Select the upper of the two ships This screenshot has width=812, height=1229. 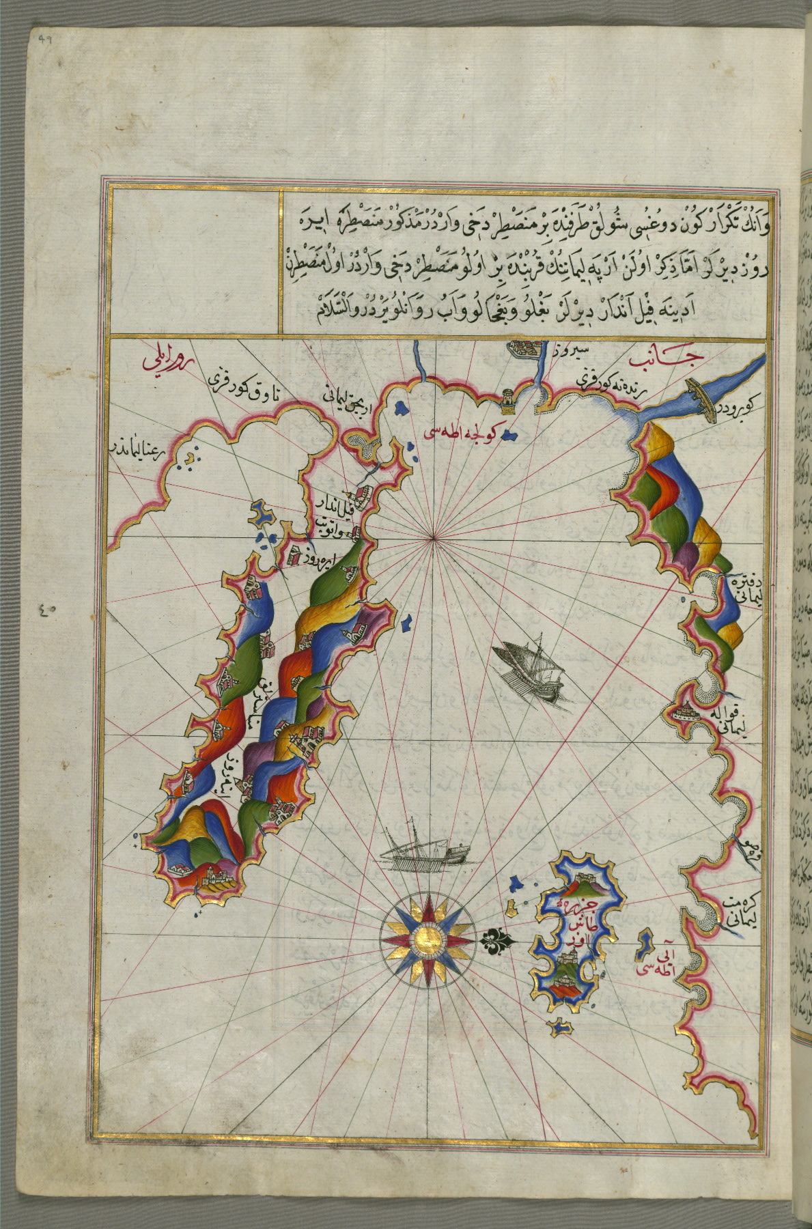click(x=531, y=672)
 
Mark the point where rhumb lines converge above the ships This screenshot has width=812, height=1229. click(x=432, y=539)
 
